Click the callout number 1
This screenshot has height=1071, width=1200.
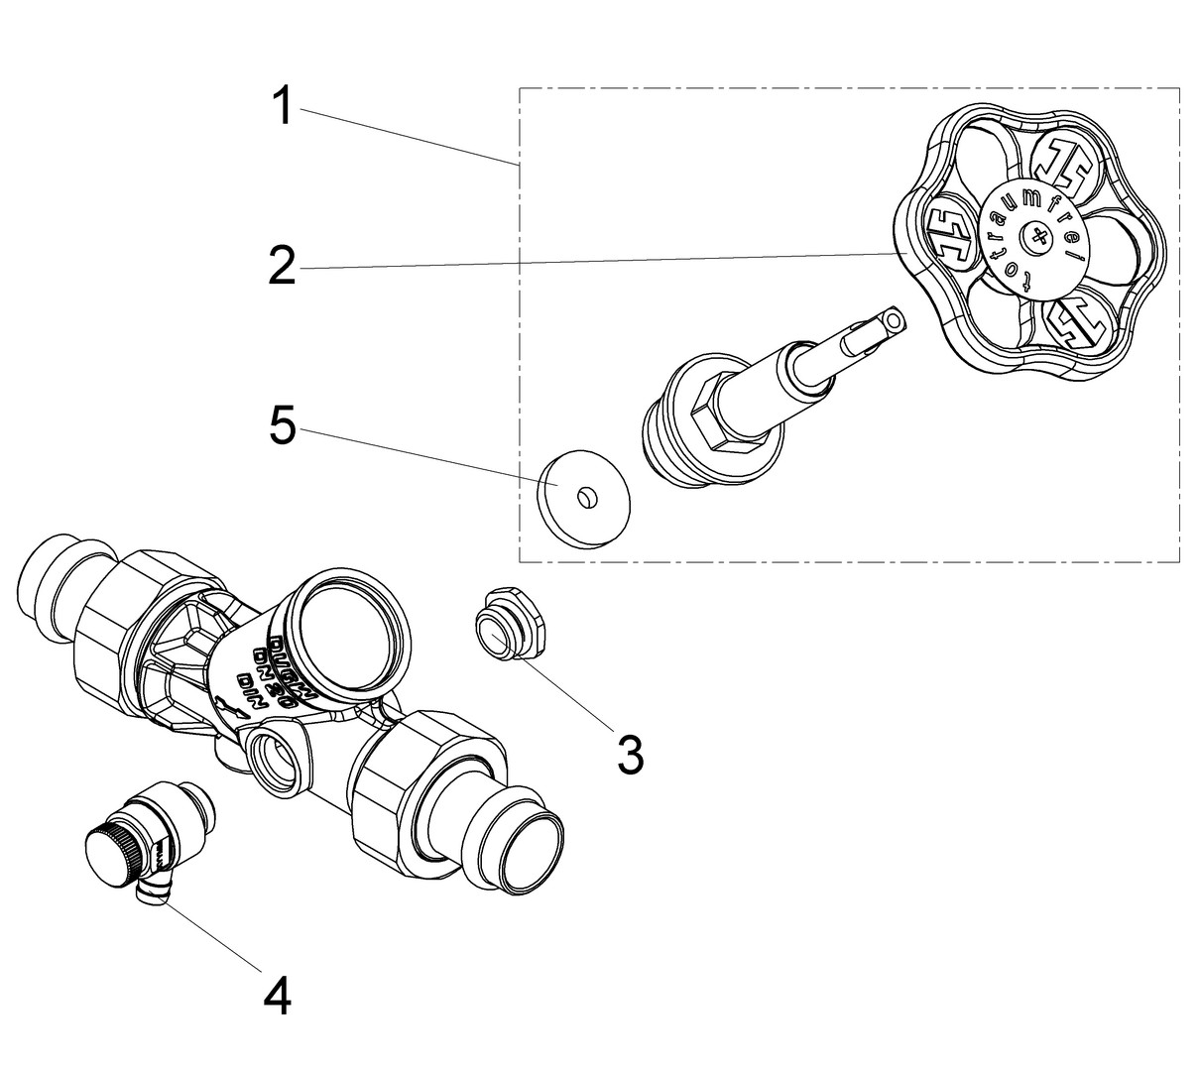283,106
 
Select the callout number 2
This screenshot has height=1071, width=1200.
283,266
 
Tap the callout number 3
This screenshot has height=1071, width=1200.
630,755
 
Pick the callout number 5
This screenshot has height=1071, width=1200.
283,425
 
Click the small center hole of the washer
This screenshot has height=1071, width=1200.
585,493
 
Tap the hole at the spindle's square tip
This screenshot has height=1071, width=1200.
894,320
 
